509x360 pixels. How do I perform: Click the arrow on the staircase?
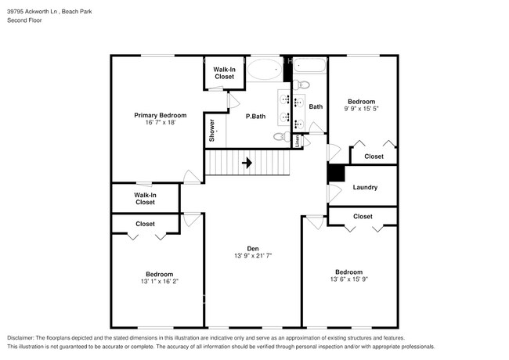(x=247, y=163)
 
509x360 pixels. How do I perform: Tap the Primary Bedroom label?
(x=160, y=115)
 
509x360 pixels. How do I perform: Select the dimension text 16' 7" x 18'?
(x=160, y=123)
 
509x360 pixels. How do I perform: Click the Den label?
(x=252, y=248)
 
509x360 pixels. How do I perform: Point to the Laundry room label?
(x=365, y=187)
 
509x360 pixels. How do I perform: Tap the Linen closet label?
(x=298, y=141)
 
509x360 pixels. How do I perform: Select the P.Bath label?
(x=256, y=117)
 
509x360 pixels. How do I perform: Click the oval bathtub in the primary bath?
(x=264, y=72)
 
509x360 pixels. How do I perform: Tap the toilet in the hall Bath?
(x=304, y=85)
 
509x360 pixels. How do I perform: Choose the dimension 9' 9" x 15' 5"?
(x=361, y=110)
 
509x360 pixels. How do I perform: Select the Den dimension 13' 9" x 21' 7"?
(x=252, y=256)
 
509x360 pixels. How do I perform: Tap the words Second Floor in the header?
(x=26, y=20)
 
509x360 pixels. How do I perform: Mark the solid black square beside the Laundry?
(x=335, y=174)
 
